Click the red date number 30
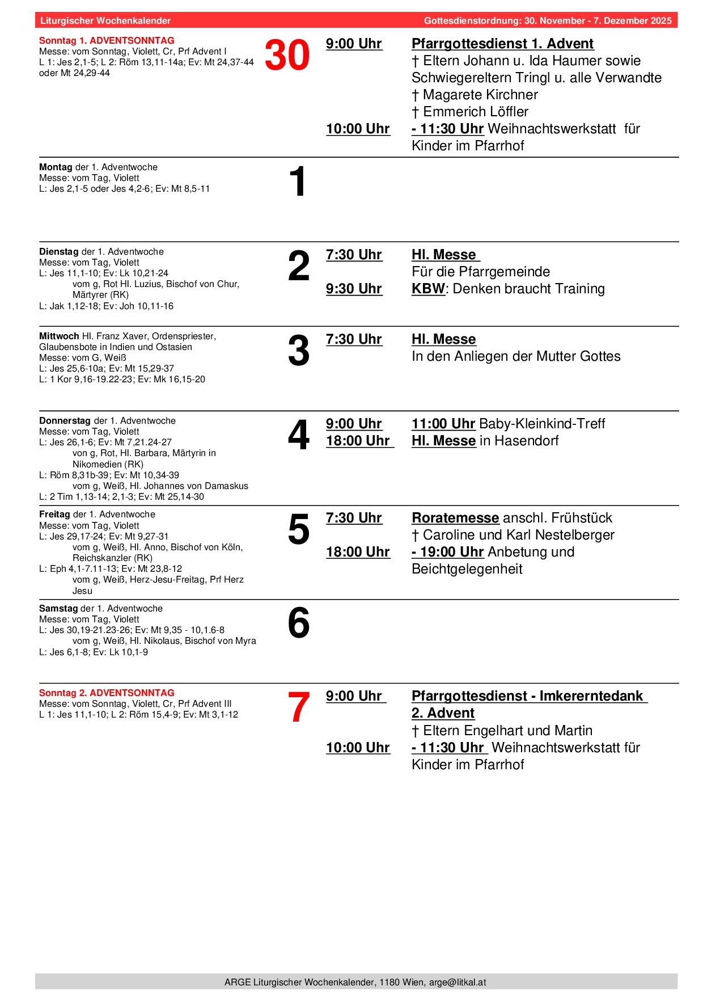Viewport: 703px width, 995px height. point(287,56)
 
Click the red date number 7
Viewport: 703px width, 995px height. point(299,707)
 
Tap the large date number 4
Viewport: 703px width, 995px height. point(299,435)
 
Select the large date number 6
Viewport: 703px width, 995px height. point(299,623)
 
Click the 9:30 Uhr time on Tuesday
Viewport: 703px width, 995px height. point(354,289)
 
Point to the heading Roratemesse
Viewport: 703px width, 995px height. point(455,518)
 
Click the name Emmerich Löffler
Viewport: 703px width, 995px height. point(476,112)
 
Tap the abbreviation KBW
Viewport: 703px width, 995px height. point(428,289)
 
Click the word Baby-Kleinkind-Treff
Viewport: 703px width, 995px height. point(542,424)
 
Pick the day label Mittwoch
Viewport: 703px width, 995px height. point(59,336)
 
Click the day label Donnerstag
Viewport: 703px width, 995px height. point(65,421)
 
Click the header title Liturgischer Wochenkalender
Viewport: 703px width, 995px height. point(105,21)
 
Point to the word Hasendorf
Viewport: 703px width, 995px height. point(526,441)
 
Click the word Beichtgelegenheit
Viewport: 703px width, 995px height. point(467,569)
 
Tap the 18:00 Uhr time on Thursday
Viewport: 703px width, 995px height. point(358,441)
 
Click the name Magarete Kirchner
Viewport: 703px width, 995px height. point(480,95)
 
